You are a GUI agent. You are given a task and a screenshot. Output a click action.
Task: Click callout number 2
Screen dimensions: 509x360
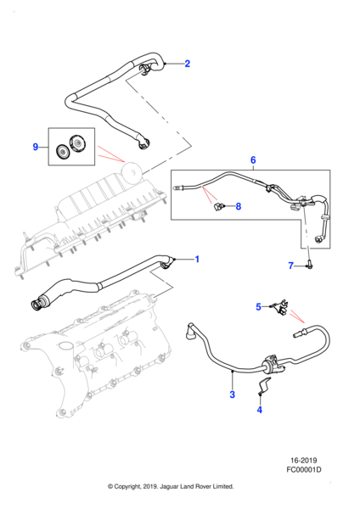point(188,64)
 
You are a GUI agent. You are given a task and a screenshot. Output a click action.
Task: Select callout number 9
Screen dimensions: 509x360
point(36,147)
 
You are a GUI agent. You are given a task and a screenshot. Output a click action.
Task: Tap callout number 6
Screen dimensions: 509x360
point(252,159)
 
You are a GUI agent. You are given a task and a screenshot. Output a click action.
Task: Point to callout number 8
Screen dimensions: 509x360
point(239,206)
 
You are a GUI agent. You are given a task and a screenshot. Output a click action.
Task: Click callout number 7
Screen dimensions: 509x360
point(291,266)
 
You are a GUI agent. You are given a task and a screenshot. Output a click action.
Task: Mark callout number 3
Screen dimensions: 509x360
point(232,394)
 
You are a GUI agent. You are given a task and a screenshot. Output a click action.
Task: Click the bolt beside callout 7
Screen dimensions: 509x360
point(310,266)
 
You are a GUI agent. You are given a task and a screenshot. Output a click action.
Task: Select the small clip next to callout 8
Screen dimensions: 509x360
point(220,205)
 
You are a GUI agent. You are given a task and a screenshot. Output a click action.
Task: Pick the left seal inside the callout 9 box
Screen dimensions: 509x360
point(62,152)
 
